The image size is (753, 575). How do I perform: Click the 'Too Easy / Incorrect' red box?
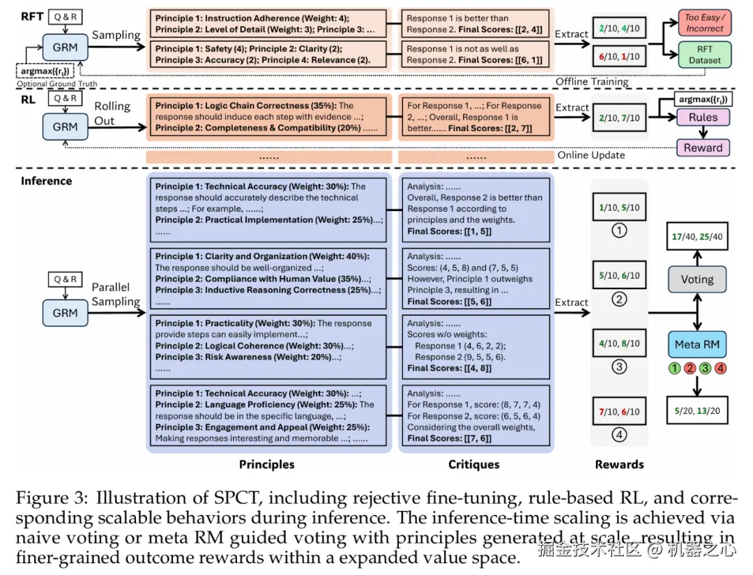[x=704, y=22]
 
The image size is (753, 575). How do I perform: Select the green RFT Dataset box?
[x=704, y=54]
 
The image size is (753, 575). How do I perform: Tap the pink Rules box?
[x=703, y=117]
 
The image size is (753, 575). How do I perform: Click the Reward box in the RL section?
[x=703, y=147]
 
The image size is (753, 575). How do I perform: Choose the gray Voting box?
[x=697, y=279]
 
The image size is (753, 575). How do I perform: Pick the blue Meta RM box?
[x=697, y=344]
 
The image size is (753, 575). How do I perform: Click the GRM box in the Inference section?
[x=66, y=313]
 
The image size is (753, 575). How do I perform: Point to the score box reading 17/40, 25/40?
[x=697, y=236]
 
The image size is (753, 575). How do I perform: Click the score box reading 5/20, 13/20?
[x=697, y=411]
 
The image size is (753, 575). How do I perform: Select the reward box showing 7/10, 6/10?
[x=620, y=411]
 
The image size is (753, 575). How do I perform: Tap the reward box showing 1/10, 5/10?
[x=620, y=207]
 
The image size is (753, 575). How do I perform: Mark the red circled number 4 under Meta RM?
[x=720, y=368]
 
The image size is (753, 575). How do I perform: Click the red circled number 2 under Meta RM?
[x=690, y=368]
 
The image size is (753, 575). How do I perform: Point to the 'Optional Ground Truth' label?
[x=56, y=84]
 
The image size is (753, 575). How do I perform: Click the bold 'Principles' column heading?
[x=267, y=464]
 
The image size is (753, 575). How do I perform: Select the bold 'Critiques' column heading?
[x=474, y=464]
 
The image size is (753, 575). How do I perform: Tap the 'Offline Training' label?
[x=592, y=82]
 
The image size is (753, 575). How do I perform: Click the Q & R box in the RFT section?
[x=66, y=17]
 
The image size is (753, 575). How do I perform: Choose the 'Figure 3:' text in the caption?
[x=52, y=498]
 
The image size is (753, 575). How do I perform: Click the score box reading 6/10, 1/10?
[x=620, y=56]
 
